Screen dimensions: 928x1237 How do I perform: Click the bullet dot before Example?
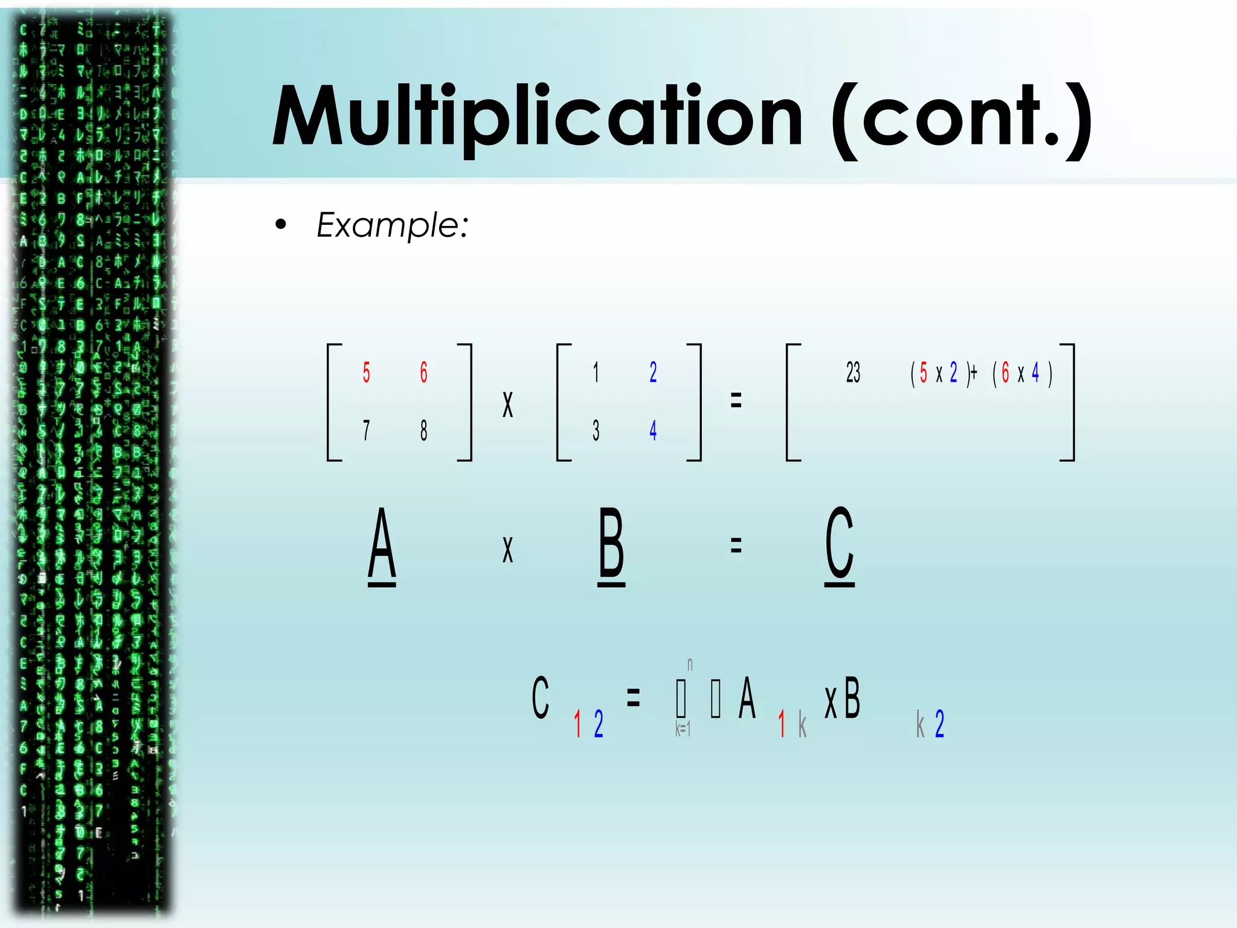tap(280, 225)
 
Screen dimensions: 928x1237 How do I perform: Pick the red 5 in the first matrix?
tap(366, 372)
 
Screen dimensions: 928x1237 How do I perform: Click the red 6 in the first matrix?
tap(424, 372)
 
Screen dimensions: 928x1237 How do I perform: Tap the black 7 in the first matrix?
tap(366, 430)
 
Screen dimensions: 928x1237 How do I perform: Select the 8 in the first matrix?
tap(424, 430)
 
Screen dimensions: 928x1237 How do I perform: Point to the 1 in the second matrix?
tap(596, 372)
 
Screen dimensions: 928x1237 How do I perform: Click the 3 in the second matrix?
tap(596, 430)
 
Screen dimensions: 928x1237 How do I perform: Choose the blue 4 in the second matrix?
tap(653, 430)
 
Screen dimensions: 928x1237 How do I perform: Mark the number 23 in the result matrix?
tap(853, 372)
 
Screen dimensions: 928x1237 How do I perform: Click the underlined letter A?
tap(382, 546)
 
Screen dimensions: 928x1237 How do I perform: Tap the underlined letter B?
tap(611, 546)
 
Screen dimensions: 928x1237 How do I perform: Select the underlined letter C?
tap(840, 546)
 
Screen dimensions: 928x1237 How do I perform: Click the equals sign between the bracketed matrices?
tap(736, 400)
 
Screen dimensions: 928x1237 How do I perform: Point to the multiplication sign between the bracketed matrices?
tap(507, 404)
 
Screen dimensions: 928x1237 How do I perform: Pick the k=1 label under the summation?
tap(683, 729)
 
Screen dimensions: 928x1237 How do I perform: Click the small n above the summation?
tap(690, 665)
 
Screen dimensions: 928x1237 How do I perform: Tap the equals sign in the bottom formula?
tap(633, 698)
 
